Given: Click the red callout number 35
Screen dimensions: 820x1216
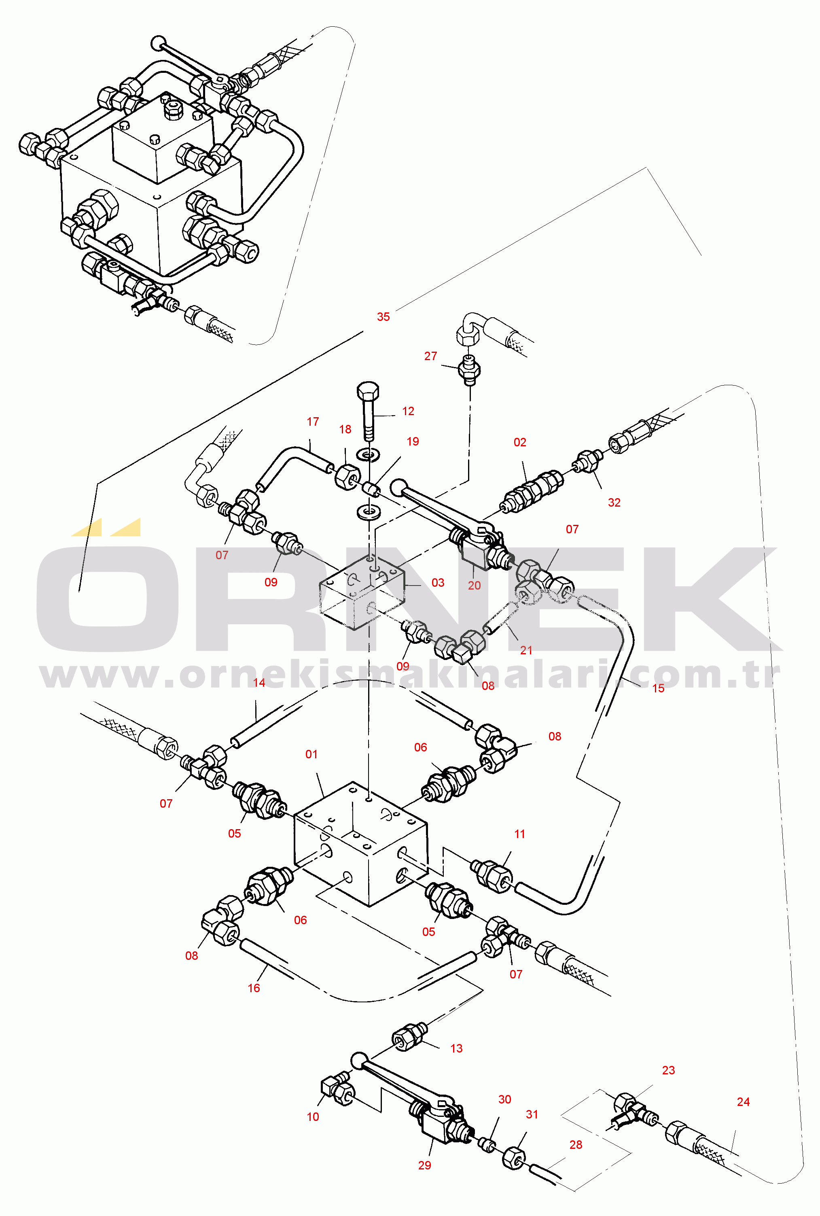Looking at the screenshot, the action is (x=384, y=316).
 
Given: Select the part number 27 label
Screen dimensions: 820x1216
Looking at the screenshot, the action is (x=430, y=356).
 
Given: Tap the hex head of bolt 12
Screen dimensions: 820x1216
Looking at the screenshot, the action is (x=368, y=391).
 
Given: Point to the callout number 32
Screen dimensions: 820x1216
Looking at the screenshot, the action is (x=614, y=503).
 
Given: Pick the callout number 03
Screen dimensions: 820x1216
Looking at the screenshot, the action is (x=438, y=583).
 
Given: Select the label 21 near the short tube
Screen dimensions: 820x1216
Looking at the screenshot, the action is (x=526, y=650).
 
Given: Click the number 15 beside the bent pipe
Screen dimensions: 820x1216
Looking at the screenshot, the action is (x=658, y=688).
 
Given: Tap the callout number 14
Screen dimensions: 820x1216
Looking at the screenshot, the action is (x=259, y=683).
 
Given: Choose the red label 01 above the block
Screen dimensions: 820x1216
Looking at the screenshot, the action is (x=311, y=754).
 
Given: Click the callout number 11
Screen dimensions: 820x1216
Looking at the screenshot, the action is (x=519, y=834).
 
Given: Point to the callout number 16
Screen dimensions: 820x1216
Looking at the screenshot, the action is (x=254, y=988).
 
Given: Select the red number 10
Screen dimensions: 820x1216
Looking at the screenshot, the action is (x=313, y=1116).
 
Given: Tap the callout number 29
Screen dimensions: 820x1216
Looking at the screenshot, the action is (x=425, y=1165).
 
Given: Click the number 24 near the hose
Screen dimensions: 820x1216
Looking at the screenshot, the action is (x=743, y=1102).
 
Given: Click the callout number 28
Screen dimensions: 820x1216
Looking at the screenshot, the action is (x=576, y=1145).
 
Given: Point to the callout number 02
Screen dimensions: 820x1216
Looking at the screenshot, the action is (x=519, y=442).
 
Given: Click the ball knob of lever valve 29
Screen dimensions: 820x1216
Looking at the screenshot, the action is (x=359, y=1061).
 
